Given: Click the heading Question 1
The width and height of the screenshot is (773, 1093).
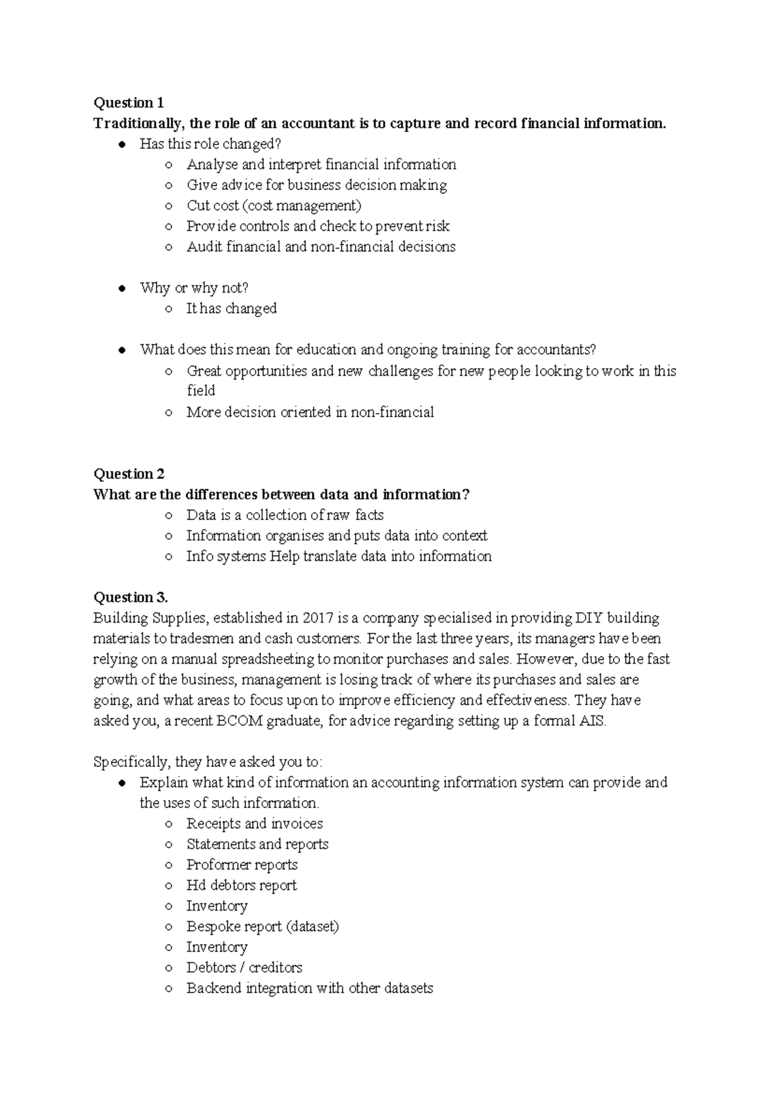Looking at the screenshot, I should click(128, 103).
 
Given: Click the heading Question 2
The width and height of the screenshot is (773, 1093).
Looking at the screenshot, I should click(129, 474).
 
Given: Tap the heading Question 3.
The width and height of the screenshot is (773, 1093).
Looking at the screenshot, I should click(130, 597).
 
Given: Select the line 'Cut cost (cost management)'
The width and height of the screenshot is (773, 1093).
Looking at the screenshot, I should click(274, 206).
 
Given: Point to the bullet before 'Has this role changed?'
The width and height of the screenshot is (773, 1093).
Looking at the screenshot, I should click(121, 144).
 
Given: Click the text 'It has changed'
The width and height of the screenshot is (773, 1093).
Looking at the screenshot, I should click(231, 309).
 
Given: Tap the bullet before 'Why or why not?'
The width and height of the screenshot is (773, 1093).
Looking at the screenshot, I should click(121, 289).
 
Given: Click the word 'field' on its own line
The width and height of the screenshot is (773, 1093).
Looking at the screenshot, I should click(200, 391).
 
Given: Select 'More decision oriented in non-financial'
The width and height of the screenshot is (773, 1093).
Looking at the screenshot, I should click(310, 412).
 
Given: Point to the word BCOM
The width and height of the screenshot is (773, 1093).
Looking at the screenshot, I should click(240, 721).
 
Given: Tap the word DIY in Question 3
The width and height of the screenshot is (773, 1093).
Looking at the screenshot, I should click(589, 619).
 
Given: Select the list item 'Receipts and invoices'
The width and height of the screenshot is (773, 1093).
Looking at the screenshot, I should click(254, 824).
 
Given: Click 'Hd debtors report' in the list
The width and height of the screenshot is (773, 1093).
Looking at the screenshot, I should click(242, 885).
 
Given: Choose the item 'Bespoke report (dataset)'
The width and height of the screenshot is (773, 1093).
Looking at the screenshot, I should click(262, 927).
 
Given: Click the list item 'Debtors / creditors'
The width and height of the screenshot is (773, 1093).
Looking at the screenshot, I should click(244, 968).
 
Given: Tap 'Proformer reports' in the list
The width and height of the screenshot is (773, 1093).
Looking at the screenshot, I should click(242, 865).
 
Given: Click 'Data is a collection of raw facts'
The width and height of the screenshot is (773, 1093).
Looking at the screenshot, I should click(285, 516).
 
